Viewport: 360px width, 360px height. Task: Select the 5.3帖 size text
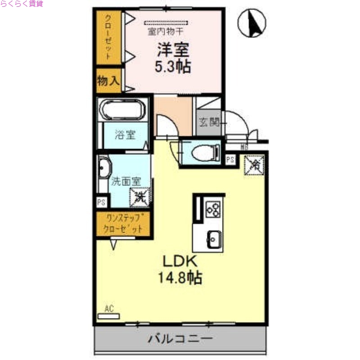pyautogui.click(x=173, y=67)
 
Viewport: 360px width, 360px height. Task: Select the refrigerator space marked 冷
pyautogui.click(x=254, y=165)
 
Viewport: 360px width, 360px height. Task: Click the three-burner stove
pyautogui.click(x=213, y=209)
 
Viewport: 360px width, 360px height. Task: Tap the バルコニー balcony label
pyautogui.click(x=180, y=339)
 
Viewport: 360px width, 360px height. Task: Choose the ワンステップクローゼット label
pyautogui.click(x=124, y=224)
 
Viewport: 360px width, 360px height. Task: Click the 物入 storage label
pyautogui.click(x=108, y=81)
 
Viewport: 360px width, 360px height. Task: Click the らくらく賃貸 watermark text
pyautogui.click(x=22, y=4)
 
